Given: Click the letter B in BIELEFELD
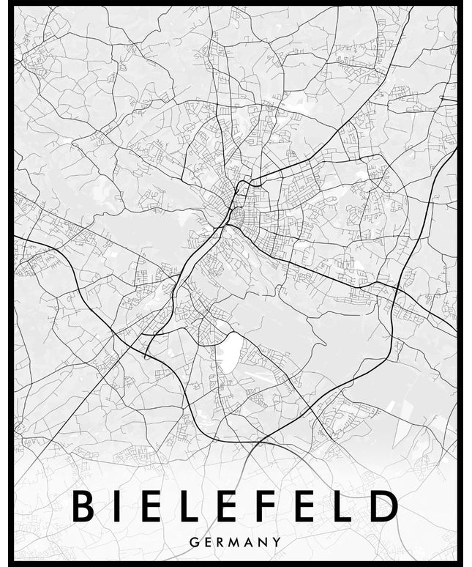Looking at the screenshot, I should coord(83,506).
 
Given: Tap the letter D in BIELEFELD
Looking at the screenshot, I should coord(383,506).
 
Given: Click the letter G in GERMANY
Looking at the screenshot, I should coord(193,542).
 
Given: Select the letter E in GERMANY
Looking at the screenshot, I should coord(208,542).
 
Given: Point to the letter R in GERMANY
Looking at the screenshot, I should coord(221,542).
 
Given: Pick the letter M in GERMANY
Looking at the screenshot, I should coord(236,542).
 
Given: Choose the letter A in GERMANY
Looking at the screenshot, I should coord(251,542).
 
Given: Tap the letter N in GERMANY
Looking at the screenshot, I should coord(264,542).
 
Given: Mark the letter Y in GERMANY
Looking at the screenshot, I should coord(277,542).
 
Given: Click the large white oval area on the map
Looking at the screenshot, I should coord(228,352).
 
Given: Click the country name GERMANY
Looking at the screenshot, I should coord(235,542).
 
